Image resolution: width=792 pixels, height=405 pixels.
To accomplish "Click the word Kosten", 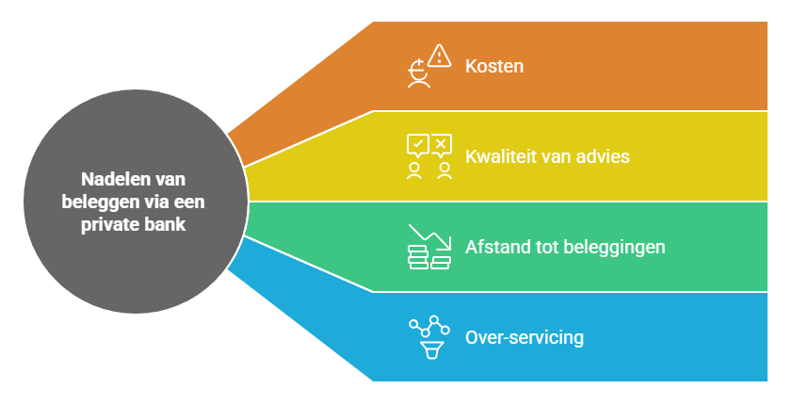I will (494, 67).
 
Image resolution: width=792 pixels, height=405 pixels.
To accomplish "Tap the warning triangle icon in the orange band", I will (440, 56).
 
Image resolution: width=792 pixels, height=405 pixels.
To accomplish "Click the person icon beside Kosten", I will (419, 74).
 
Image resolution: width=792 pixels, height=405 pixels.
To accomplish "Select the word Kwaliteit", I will (499, 156).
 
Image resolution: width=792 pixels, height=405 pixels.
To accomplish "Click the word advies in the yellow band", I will (603, 156).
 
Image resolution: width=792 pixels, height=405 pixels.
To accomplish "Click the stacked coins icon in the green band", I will (429, 258).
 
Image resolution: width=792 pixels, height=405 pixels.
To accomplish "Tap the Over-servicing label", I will (525, 337).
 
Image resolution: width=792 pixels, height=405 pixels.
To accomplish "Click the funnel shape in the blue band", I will (432, 350).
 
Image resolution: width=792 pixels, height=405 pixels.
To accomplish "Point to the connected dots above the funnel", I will (429, 326).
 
